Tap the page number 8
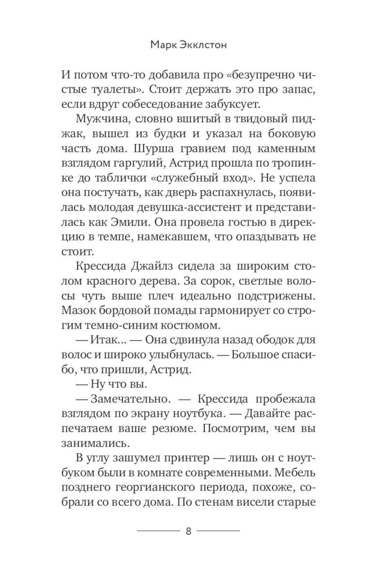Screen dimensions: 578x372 pyautogui.click(x=188, y=531)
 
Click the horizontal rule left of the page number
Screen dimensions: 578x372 pyautogui.click(x=158, y=531)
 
